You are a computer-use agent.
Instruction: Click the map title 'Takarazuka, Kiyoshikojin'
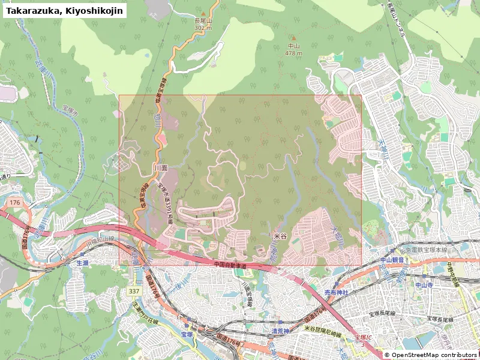[65, 10]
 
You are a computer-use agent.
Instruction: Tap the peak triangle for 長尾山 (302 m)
[203, 14]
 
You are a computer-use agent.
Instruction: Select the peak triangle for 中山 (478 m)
[293, 38]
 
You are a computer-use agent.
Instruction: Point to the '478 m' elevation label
[293, 53]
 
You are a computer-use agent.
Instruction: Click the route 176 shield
[15, 203]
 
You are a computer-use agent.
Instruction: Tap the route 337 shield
[133, 290]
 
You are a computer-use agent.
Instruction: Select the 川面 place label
[160, 168]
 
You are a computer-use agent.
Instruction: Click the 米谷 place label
[280, 237]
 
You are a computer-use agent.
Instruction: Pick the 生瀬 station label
[82, 263]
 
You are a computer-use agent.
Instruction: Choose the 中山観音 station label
[394, 260]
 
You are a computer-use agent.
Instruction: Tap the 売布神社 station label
[336, 292]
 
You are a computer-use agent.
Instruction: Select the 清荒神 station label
[280, 331]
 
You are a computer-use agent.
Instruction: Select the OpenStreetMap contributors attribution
[431, 355]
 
